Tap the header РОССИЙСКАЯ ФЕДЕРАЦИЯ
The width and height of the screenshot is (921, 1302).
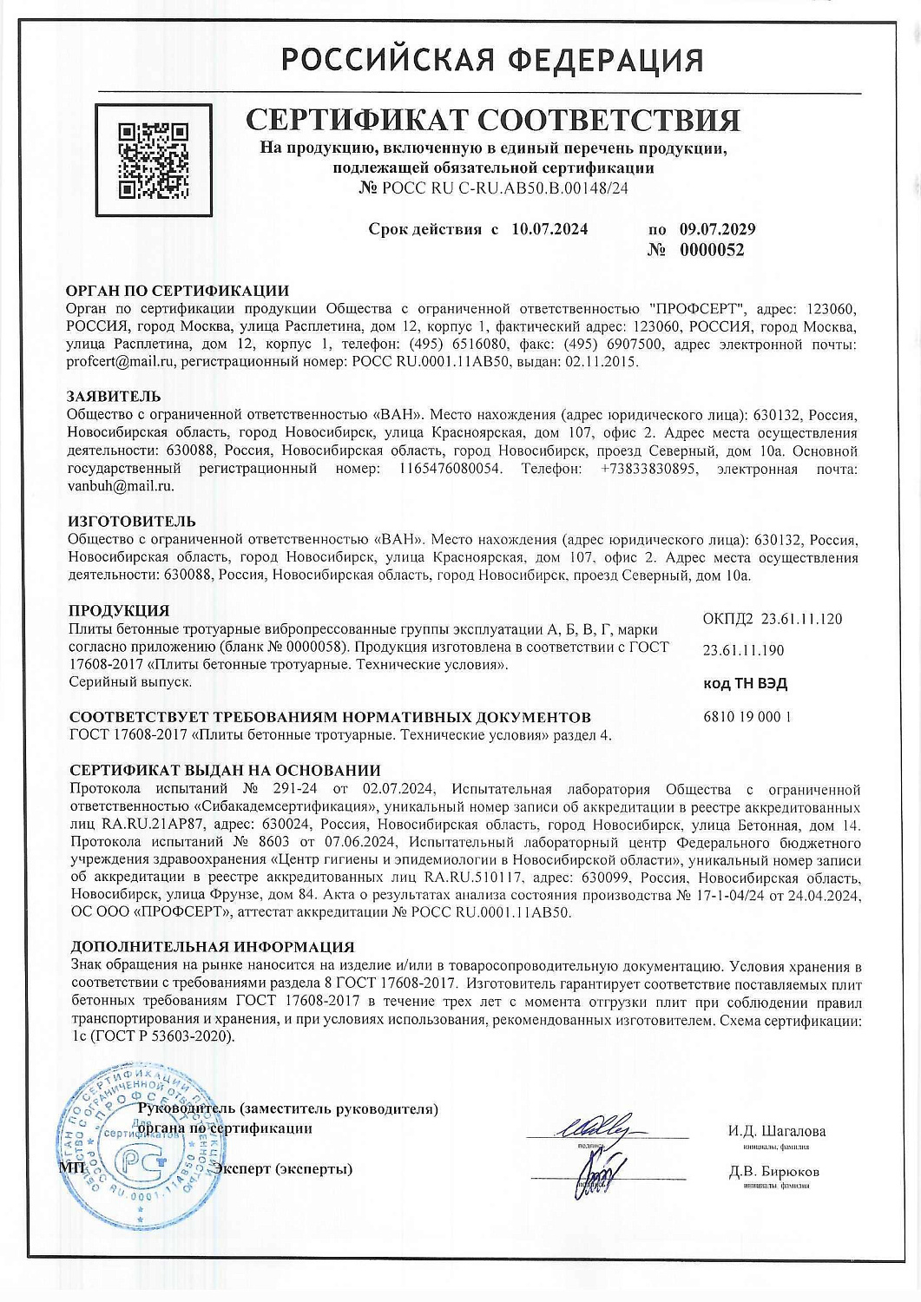[492, 60]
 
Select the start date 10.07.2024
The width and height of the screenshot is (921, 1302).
[549, 229]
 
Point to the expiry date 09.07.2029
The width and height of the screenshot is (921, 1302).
[717, 229]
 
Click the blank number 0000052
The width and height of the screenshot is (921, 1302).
[711, 250]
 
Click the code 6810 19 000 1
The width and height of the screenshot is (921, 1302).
[746, 717]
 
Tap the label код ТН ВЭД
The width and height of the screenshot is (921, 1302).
[745, 683]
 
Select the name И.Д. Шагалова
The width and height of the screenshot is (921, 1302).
[777, 1131]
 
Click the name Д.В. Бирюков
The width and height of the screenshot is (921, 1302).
[774, 1172]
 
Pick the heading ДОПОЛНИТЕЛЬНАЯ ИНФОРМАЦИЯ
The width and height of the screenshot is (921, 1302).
[212, 947]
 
